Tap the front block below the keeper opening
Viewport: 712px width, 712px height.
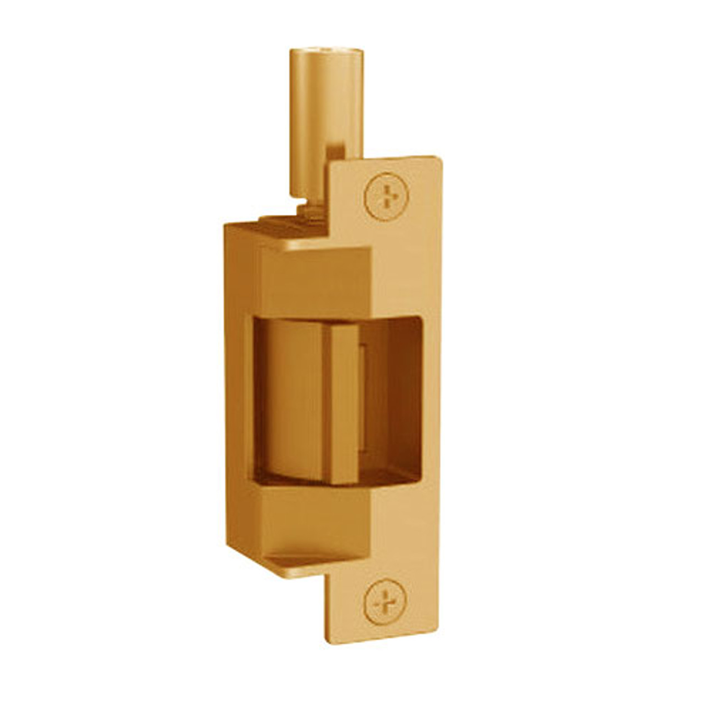point(311,515)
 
